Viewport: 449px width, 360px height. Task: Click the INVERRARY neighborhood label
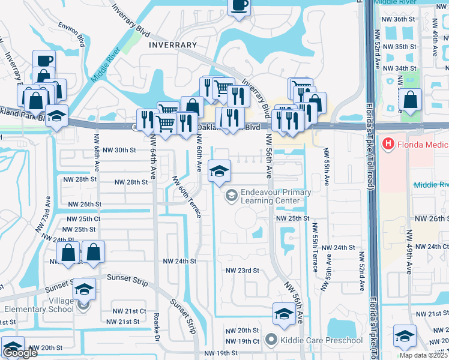(173, 45)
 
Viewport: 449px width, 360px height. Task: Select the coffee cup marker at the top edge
(239, 6)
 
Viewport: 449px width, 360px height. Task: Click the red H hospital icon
(388, 144)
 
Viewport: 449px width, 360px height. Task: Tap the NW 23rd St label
(242, 271)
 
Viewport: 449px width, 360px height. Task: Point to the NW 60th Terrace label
(187, 197)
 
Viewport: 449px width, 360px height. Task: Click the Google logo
(20, 353)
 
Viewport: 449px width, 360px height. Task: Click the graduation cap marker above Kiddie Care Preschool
(284, 313)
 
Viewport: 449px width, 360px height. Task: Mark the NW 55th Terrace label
(314, 247)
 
